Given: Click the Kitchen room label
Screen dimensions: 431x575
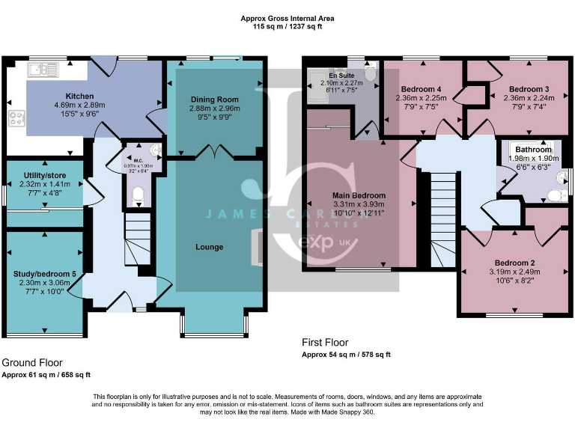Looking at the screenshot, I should tap(79, 97).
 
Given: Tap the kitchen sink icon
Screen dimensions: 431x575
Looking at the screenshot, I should tap(44, 70).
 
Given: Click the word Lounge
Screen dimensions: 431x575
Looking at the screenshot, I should tap(210, 247).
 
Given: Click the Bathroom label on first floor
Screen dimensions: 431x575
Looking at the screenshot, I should tap(532, 150).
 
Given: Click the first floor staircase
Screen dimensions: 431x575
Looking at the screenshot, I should tap(443, 210).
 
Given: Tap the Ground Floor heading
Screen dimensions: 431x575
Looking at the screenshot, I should tap(31, 362).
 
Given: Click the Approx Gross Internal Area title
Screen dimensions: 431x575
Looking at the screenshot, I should tap(287, 17).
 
